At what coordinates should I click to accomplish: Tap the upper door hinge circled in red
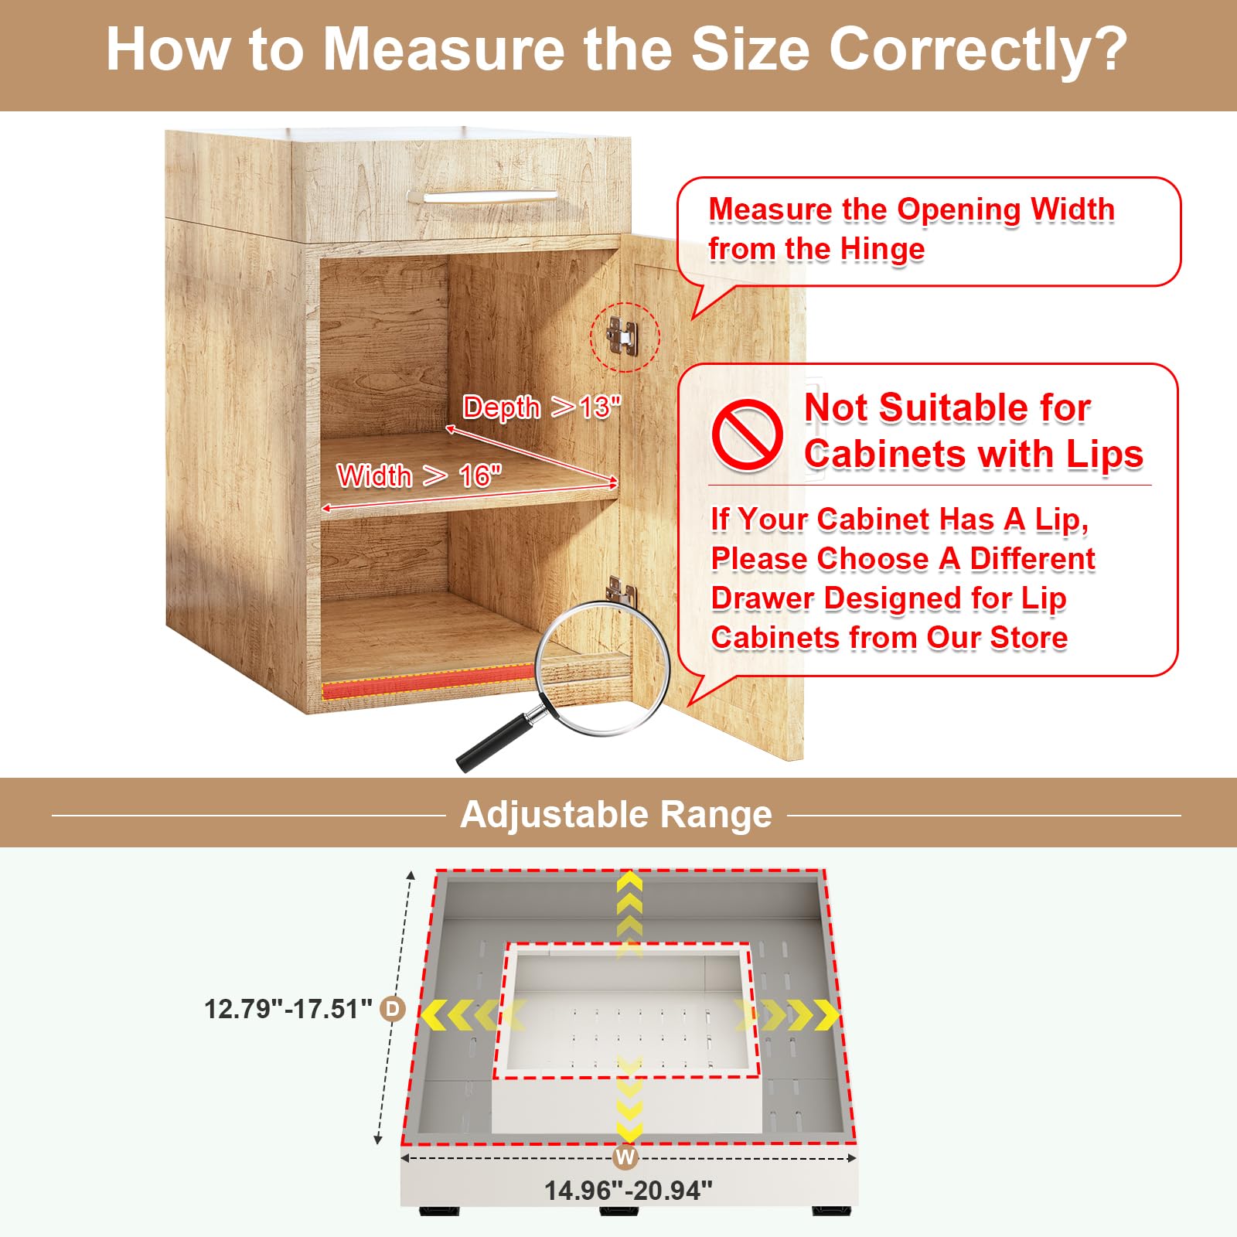click(x=623, y=336)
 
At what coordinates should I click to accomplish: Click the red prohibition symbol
click(x=747, y=434)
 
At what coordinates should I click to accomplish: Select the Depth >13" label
click(x=541, y=407)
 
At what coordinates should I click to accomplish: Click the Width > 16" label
click(x=419, y=475)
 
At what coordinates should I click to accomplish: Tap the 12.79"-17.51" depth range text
click(x=288, y=1009)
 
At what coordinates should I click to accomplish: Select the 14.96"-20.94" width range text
click(x=628, y=1191)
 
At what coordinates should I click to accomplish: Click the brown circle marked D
click(x=393, y=1008)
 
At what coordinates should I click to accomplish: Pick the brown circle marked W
click(x=625, y=1157)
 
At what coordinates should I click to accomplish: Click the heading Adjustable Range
click(x=616, y=814)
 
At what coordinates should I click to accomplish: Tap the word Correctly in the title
click(x=978, y=49)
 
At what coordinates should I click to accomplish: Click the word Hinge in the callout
click(x=882, y=249)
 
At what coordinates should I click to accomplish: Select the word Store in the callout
click(x=1028, y=638)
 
